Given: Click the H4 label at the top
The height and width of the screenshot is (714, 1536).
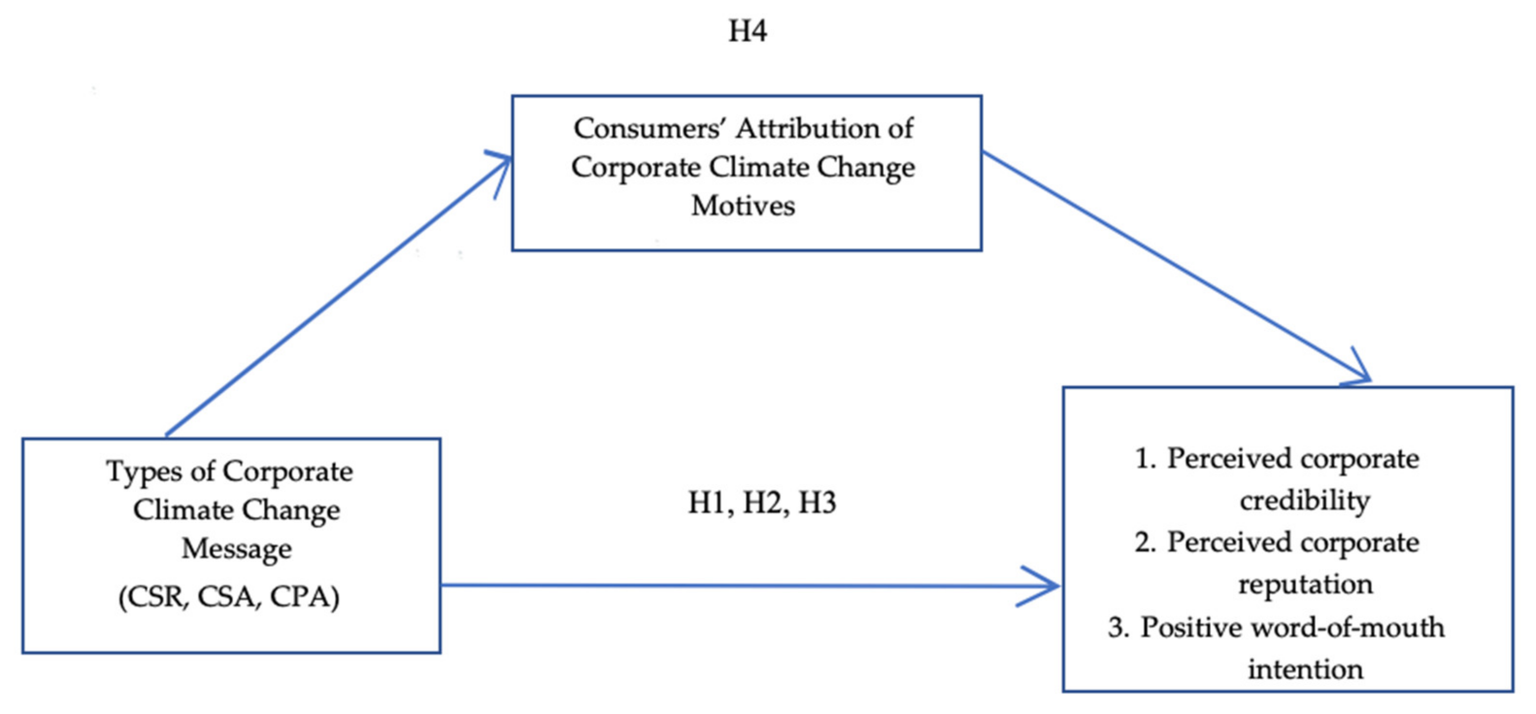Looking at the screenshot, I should coord(747,31).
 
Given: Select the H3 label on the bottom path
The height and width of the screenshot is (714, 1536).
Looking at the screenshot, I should coord(817,503).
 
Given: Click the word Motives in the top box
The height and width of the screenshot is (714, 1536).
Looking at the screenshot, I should coord(743,206).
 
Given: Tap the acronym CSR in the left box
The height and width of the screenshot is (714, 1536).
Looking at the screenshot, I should coord(152,597).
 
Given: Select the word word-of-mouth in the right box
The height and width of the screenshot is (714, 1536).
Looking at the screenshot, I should coord(1348,627).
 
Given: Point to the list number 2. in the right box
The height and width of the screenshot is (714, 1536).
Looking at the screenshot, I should coord(1145,542).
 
